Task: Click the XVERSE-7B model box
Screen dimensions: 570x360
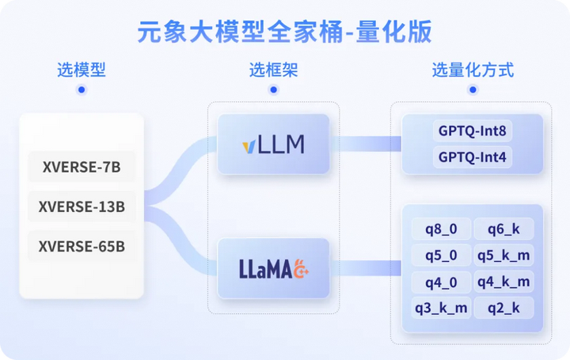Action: pyautogui.click(x=82, y=167)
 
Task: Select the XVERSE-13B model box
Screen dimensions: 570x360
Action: pyautogui.click(x=82, y=207)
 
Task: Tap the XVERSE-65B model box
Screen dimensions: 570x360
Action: pyautogui.click(x=82, y=246)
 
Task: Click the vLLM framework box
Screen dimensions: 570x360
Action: pyautogui.click(x=273, y=144)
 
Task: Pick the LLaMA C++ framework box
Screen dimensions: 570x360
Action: pyautogui.click(x=273, y=268)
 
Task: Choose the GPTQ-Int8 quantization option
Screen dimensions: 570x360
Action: pyautogui.click(x=472, y=131)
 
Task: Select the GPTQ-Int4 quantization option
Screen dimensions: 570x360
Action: pyautogui.click(x=472, y=157)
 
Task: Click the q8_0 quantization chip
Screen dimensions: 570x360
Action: pyautogui.click(x=441, y=229)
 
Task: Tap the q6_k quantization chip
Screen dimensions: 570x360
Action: pyautogui.click(x=503, y=229)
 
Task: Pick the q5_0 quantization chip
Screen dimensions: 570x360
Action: pyautogui.click(x=441, y=256)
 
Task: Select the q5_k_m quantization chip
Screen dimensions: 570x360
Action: pyautogui.click(x=503, y=256)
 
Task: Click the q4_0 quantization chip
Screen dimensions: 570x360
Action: pyautogui.click(x=441, y=282)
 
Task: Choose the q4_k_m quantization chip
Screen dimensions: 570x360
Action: pyautogui.click(x=503, y=282)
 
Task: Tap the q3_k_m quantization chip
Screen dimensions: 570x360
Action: pyautogui.click(x=441, y=308)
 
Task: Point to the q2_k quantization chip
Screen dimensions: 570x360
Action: pyautogui.click(x=503, y=308)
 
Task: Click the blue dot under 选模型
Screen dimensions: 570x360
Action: pyautogui.click(x=82, y=89)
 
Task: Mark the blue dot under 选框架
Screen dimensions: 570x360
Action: pyautogui.click(x=273, y=89)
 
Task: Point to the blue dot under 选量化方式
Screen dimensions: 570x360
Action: pyautogui.click(x=473, y=89)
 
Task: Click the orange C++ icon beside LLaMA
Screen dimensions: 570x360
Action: pyautogui.click(x=301, y=269)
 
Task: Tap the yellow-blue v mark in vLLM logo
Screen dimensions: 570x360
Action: pyautogui.click(x=249, y=146)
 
